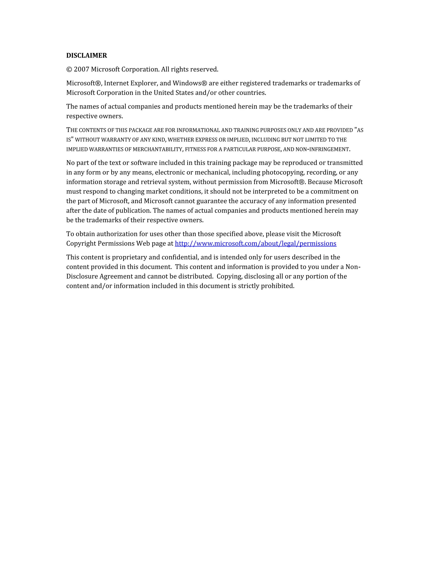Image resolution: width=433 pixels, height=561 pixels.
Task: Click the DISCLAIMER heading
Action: click(86, 55)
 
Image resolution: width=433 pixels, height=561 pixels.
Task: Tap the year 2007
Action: click(81, 69)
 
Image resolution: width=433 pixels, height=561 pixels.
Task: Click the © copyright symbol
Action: click(69, 70)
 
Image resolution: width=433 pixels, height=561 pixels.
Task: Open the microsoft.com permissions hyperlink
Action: click(255, 243)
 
